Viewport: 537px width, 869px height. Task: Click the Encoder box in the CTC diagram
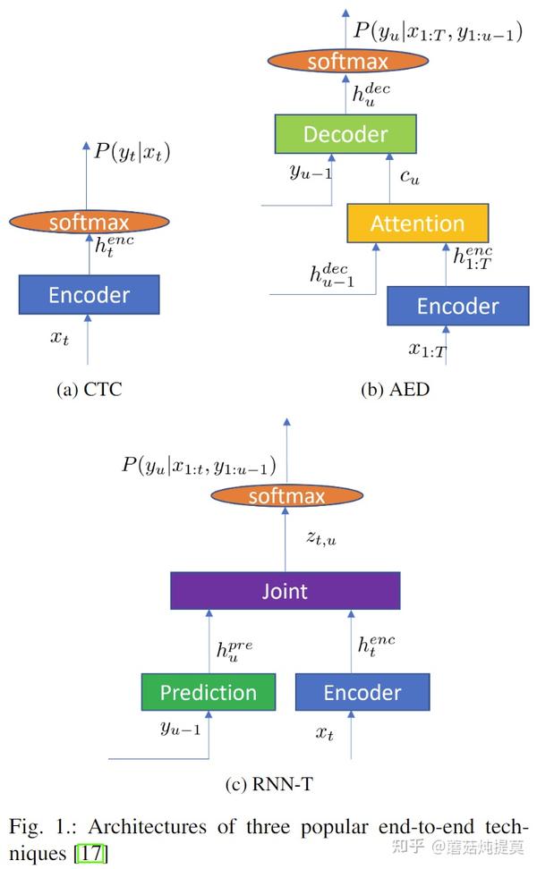pos(89,295)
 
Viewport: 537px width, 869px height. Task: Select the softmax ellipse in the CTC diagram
pos(89,223)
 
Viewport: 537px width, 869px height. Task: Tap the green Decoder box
pos(345,134)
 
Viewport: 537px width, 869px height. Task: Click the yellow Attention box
pos(418,224)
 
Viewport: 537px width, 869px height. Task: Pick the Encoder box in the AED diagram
pos(458,306)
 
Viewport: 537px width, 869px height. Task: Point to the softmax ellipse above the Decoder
pos(348,61)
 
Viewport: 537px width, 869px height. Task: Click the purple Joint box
pos(286,591)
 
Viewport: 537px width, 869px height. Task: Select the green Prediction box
pos(209,692)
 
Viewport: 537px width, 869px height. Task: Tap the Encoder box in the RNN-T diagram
pos(362,692)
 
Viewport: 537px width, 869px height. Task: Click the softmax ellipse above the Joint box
pos(286,495)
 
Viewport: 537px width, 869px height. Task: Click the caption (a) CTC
pos(89,390)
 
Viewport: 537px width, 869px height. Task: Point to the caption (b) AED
pos(395,390)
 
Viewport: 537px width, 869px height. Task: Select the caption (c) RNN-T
pos(269,784)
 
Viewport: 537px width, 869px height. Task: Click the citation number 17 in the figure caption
pos(92,852)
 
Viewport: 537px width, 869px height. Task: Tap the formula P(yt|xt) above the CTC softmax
pos(132,152)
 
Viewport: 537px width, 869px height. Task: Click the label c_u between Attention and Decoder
pos(410,177)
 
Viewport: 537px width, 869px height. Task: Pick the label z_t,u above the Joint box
pos(321,538)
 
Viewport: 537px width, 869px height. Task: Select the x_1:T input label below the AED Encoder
pos(428,350)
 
